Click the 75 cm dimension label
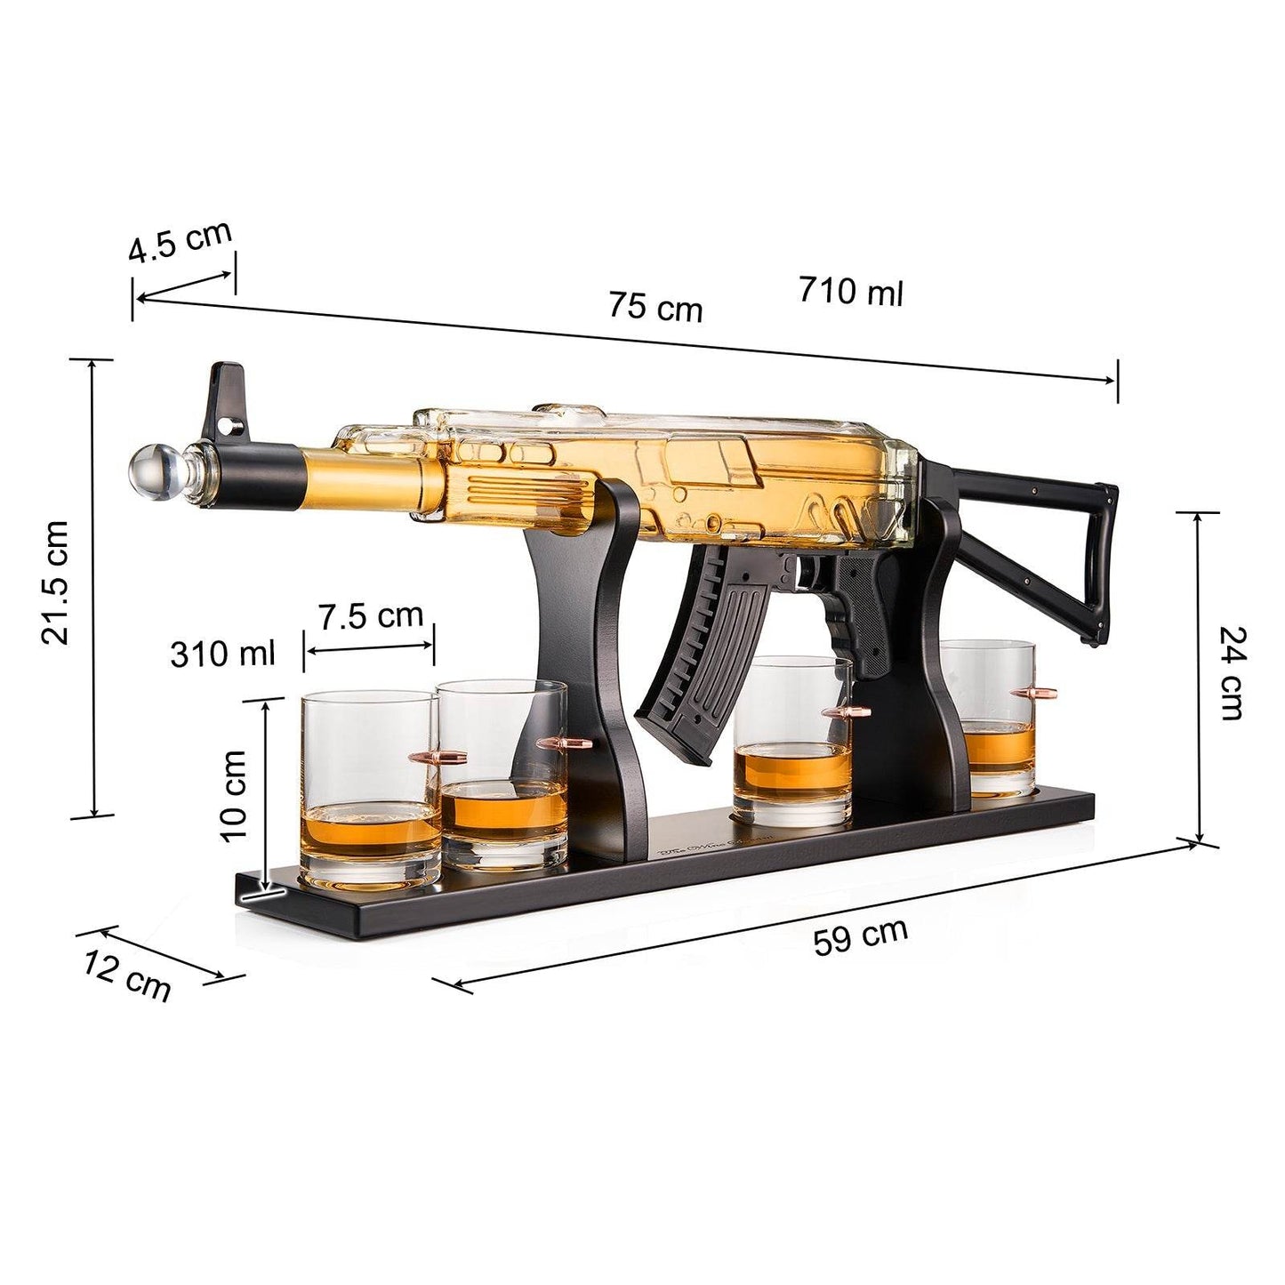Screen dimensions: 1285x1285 click(x=655, y=307)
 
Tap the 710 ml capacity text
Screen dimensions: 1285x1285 click(x=850, y=291)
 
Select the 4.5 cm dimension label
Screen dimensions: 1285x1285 click(x=180, y=242)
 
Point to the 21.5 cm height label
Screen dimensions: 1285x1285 click(x=55, y=582)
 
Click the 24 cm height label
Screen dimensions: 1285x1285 click(x=1233, y=672)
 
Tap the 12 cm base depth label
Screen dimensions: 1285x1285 click(x=127, y=975)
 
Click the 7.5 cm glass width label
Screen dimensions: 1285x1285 click(x=371, y=615)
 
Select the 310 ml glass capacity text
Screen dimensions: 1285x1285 click(x=223, y=654)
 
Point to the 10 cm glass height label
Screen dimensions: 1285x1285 click(x=234, y=794)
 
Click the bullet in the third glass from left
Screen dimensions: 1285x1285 click(x=846, y=711)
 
